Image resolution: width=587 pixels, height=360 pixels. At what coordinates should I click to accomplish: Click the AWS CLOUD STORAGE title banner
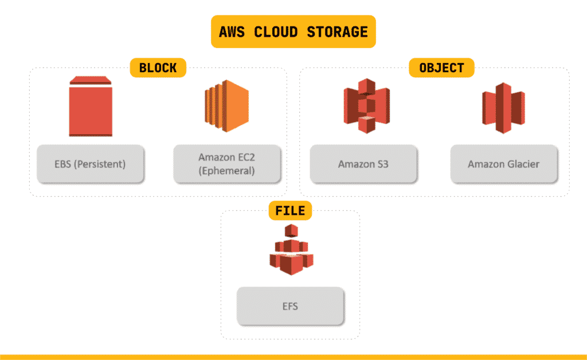(x=293, y=32)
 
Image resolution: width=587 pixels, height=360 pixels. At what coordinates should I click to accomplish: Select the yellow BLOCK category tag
(x=158, y=68)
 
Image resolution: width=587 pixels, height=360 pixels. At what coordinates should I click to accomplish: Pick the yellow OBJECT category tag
(x=441, y=68)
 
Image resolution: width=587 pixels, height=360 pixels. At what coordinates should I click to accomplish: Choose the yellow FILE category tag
(x=290, y=210)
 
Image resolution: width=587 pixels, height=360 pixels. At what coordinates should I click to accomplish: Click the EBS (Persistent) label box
(x=90, y=164)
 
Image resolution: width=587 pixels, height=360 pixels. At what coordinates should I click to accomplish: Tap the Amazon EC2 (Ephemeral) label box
(x=227, y=164)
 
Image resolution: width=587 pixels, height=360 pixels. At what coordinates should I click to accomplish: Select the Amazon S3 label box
(x=363, y=164)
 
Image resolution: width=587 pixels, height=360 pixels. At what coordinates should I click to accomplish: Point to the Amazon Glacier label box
(x=503, y=164)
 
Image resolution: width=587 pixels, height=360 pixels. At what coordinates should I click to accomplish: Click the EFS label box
(x=290, y=306)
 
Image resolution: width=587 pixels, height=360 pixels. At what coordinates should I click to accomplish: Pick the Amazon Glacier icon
(x=503, y=108)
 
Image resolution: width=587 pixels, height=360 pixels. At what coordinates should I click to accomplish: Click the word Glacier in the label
(x=522, y=164)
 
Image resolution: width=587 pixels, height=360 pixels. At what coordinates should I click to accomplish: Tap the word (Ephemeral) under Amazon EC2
(x=227, y=171)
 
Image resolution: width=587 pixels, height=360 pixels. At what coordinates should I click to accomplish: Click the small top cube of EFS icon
(x=292, y=231)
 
